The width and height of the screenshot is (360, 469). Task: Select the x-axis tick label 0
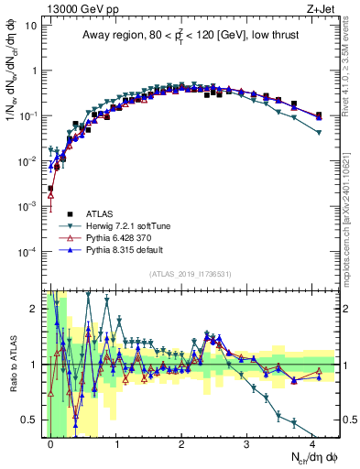click(x=51, y=443)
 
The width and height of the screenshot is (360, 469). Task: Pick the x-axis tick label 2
click(x=181, y=443)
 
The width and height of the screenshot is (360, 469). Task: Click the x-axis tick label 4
click(x=312, y=443)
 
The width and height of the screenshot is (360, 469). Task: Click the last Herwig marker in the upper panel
click(x=318, y=133)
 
